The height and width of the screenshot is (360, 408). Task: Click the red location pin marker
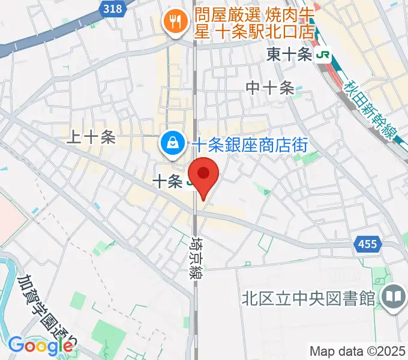(204, 175)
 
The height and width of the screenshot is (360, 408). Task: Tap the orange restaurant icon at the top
(175, 23)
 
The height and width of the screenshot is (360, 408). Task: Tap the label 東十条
(289, 55)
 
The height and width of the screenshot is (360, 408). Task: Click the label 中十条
(270, 88)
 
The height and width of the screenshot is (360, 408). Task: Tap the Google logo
(40, 346)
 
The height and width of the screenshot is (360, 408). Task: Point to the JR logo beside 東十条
(324, 55)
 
